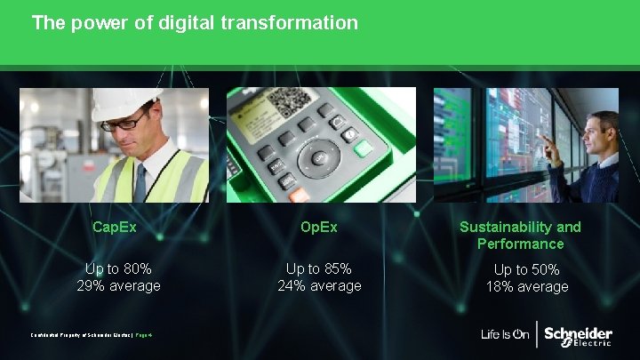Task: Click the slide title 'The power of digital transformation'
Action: (195, 22)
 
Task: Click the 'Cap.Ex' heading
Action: (115, 227)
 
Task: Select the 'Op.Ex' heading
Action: (319, 227)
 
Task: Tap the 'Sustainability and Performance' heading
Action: (520, 235)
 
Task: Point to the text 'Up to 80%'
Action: (118, 268)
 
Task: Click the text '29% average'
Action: (118, 285)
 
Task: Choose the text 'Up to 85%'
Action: (319, 268)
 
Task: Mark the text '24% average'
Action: (319, 285)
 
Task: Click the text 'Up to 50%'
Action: (526, 269)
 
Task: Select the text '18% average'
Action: (526, 286)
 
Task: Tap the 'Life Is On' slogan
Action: (505, 335)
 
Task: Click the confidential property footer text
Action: (89, 335)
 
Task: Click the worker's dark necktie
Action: (140, 181)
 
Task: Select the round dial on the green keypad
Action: (319, 157)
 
